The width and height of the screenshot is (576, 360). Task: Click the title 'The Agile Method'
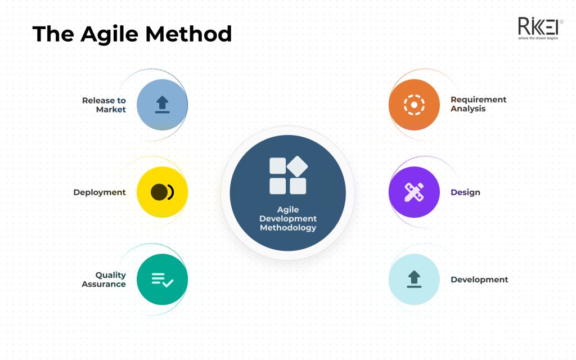[132, 34]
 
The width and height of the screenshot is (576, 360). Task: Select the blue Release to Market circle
[162, 105]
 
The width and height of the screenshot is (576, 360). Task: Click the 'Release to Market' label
[104, 105]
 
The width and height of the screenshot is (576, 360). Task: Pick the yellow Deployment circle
[162, 192]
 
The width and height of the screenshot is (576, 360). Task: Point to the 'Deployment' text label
[100, 192]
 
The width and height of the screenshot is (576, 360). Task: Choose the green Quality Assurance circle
[162, 279]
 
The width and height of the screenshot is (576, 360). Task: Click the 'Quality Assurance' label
[104, 280]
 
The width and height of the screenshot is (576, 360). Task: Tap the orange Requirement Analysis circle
[414, 105]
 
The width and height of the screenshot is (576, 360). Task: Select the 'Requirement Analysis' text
[478, 104]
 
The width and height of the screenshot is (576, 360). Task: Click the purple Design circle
[414, 192]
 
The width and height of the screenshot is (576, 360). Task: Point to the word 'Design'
[465, 192]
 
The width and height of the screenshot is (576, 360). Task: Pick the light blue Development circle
[414, 279]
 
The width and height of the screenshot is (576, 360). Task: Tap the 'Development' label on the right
[479, 280]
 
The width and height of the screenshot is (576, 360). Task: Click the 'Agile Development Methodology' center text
[288, 219]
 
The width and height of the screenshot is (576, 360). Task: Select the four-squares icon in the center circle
[288, 175]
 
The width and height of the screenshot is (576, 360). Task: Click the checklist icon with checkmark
[162, 279]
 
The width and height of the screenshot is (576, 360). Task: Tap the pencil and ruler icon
[414, 192]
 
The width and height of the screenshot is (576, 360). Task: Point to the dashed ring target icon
[414, 105]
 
